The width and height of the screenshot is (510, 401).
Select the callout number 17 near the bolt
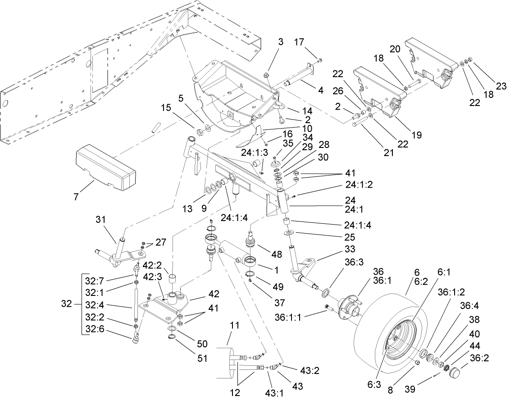300,42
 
